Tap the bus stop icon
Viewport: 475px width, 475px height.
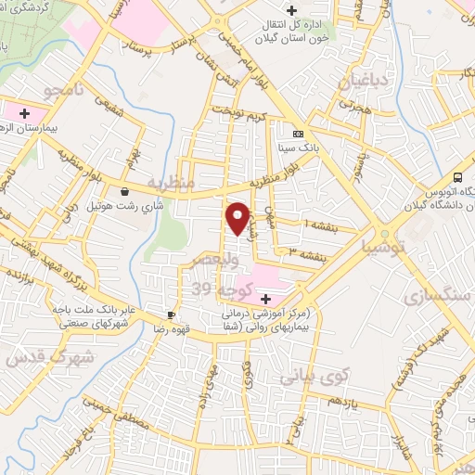pos(458,178)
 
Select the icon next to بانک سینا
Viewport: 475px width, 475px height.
pos(297,134)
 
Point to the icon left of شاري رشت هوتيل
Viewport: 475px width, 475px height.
pos(124,192)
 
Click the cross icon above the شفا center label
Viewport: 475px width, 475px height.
pos(266,299)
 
